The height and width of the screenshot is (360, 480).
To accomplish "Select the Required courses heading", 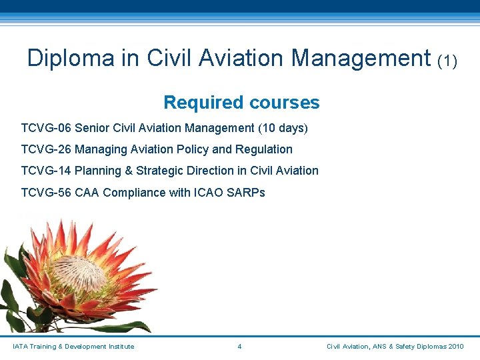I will coord(241,103).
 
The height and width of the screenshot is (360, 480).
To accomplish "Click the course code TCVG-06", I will coord(46,127).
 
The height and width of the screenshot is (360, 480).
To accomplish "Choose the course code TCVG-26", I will coord(46,149).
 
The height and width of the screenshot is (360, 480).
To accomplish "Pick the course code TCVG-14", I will coord(46,171).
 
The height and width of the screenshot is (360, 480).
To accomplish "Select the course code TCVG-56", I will coord(46,193).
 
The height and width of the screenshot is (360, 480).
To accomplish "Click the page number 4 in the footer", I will coord(239,346).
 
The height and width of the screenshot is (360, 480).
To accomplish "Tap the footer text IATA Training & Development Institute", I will coord(73,346).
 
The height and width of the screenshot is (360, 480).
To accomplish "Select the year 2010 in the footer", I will coord(456,346).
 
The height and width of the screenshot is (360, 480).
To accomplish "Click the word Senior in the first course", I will coord(93,127).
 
